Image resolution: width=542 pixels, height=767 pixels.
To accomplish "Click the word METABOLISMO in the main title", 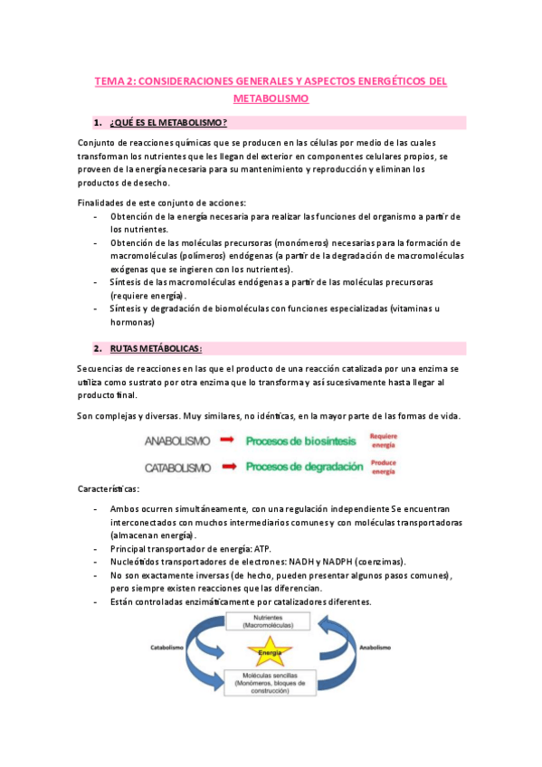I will click(x=271, y=98).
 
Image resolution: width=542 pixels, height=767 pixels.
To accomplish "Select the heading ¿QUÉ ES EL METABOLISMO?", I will click(x=168, y=122).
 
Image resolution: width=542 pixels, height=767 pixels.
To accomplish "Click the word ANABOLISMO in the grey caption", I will click(x=176, y=440).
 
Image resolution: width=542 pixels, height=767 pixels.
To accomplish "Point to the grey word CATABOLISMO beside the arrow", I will click(x=178, y=468).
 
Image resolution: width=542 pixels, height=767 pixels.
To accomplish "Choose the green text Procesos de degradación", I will click(x=305, y=467).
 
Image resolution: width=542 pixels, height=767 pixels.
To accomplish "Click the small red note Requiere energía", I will click(x=383, y=440).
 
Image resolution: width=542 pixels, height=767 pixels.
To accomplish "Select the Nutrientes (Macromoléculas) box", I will click(x=270, y=621).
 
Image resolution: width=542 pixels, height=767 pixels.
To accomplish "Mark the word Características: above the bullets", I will click(x=109, y=488).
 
